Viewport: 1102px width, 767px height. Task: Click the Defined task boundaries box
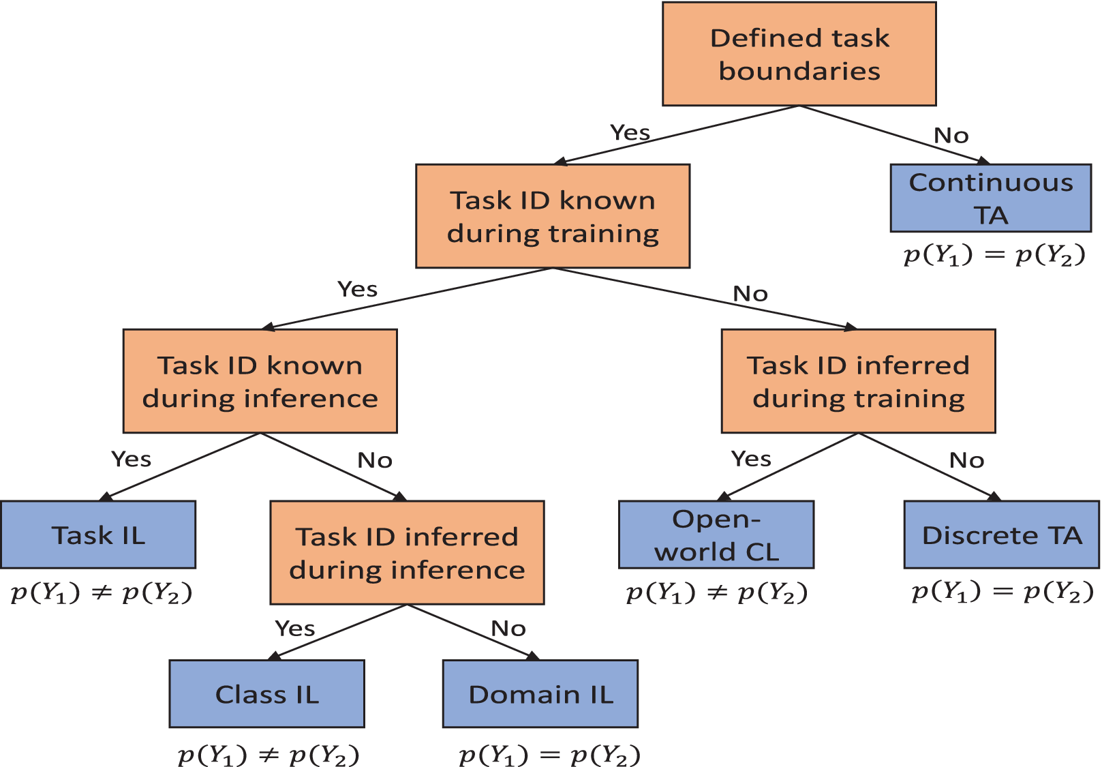point(799,54)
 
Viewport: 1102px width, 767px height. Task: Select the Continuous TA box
point(991,198)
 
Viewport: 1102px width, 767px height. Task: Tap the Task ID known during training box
point(553,216)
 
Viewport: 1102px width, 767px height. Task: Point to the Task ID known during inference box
point(260,381)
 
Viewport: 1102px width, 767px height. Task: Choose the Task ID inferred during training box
point(859,381)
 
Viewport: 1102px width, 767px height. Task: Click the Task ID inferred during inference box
point(408,552)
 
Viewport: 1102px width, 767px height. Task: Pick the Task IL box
point(98,535)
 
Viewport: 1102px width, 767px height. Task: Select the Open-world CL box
point(716,535)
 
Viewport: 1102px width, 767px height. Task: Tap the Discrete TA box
point(1002,535)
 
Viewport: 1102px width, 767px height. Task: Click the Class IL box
point(267,693)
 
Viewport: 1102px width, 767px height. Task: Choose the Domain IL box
point(540,693)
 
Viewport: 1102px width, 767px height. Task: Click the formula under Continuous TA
point(995,256)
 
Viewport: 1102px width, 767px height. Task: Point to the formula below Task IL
point(102,592)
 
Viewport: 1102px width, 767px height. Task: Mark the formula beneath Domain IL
point(549,755)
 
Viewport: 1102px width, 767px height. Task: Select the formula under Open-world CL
point(717,592)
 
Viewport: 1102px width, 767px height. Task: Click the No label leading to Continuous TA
point(951,136)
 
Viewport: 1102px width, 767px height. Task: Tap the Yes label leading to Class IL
point(294,628)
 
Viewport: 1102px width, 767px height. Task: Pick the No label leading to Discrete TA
point(966,460)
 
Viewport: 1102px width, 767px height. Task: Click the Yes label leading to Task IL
point(131,459)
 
